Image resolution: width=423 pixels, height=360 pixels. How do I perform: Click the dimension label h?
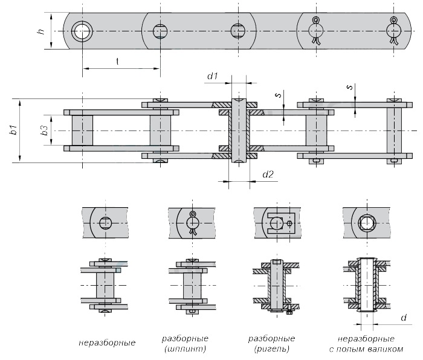coord(41,31)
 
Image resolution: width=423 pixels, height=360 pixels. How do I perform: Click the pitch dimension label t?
coord(117,62)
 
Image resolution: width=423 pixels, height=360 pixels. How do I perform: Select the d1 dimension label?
coord(212,76)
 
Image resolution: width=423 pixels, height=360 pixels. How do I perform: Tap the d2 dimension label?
coord(268,175)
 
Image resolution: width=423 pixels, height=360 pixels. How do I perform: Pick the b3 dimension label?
coord(45,130)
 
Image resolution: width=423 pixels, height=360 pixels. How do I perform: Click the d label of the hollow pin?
coord(404,318)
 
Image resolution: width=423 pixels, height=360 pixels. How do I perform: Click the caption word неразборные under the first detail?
coord(107,342)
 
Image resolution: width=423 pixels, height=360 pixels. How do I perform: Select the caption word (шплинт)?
coord(185,349)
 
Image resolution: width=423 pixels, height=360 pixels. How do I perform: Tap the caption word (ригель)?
coord(272,349)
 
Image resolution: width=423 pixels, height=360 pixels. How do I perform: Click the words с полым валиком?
coord(366,349)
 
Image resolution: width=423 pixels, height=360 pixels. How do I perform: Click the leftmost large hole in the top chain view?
coord(82,31)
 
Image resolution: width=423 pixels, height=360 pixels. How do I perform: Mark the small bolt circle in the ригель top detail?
coord(289,223)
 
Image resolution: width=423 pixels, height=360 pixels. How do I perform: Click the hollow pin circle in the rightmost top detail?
coord(367,223)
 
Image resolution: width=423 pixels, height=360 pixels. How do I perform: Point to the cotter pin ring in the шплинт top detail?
coord(192,214)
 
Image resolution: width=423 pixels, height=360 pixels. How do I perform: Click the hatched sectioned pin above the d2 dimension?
coord(239,130)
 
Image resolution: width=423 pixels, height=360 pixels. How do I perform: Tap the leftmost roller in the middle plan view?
coord(82,130)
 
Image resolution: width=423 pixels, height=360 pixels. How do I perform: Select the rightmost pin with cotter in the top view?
coord(394,30)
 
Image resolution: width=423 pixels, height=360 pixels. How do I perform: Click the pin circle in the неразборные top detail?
coord(106,223)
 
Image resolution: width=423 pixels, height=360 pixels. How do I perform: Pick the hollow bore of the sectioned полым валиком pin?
coord(367,284)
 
